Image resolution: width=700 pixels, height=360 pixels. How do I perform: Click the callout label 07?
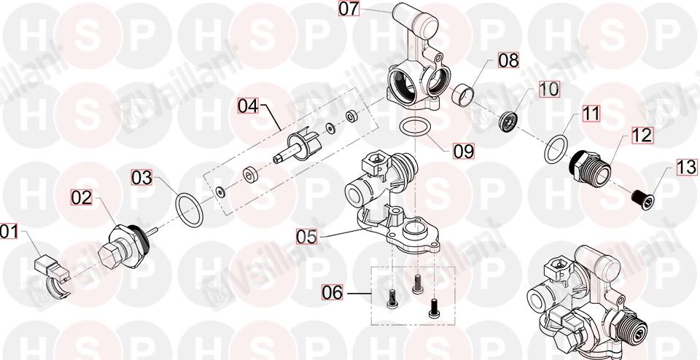(349, 9)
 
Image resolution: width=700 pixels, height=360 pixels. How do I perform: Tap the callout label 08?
(508, 60)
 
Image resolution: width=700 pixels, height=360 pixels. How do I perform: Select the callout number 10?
(548, 89)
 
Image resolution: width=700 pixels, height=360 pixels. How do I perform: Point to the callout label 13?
(687, 168)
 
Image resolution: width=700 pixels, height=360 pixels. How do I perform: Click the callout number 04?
(248, 106)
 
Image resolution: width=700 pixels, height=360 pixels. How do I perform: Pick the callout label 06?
(332, 293)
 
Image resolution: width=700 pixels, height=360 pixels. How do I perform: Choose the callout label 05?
(307, 236)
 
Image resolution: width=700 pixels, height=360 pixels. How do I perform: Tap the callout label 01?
(9, 232)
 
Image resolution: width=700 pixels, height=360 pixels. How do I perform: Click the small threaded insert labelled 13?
(643, 200)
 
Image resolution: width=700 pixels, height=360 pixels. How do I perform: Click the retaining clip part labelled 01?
(52, 277)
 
